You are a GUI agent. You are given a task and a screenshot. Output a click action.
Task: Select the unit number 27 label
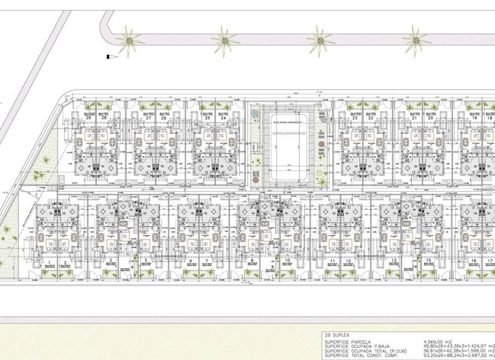click(x=148, y=118)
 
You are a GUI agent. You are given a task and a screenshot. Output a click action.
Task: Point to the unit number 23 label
click(x=355, y=118)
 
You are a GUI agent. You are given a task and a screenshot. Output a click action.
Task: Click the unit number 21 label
click(x=414, y=118)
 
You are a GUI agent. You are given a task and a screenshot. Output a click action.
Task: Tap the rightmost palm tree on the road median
click(x=417, y=39)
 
